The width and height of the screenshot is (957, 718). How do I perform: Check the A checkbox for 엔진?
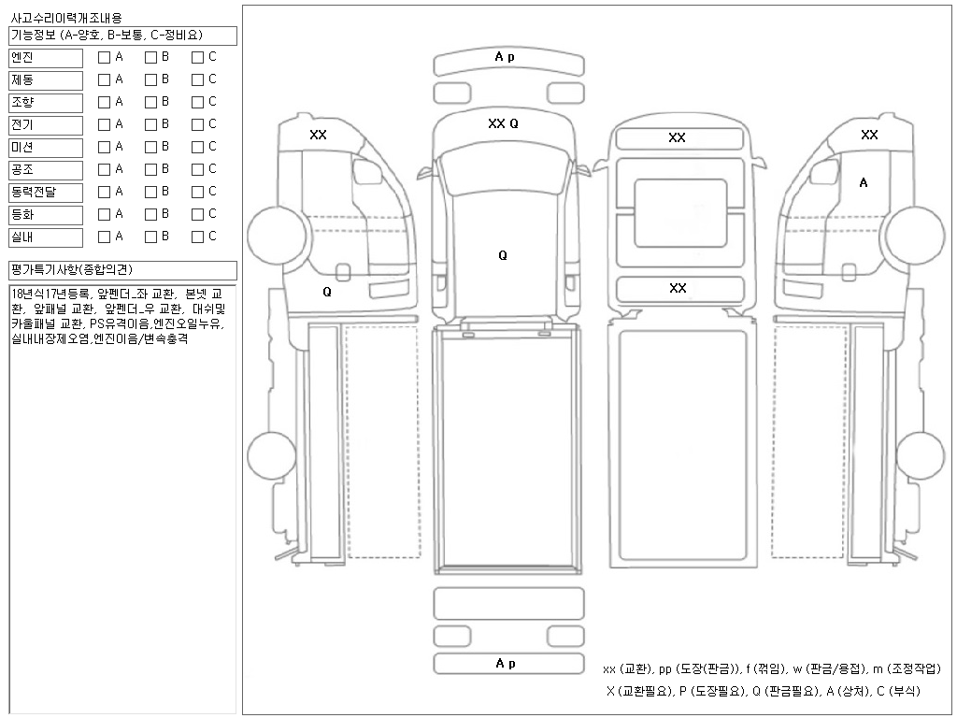(105, 57)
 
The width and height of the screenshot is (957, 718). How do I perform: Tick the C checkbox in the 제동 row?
(197, 80)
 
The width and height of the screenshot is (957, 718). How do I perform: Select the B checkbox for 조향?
(150, 103)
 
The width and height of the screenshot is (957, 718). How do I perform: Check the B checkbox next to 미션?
(150, 147)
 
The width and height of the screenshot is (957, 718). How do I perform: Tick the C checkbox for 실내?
(197, 237)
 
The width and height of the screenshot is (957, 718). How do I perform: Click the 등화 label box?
(46, 215)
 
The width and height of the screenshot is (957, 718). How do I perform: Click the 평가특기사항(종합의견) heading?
(72, 270)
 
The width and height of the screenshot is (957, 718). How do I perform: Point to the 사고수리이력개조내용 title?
(66, 19)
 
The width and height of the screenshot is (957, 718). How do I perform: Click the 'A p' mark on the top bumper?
(505, 57)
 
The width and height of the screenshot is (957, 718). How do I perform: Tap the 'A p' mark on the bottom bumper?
(506, 663)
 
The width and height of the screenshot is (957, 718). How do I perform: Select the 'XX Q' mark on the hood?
(503, 123)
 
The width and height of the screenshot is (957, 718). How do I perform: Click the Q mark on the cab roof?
(503, 255)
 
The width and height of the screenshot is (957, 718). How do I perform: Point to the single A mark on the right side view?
(863, 182)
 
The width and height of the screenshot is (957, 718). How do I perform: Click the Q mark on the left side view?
(327, 292)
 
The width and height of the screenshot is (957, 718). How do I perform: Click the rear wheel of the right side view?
(921, 455)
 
